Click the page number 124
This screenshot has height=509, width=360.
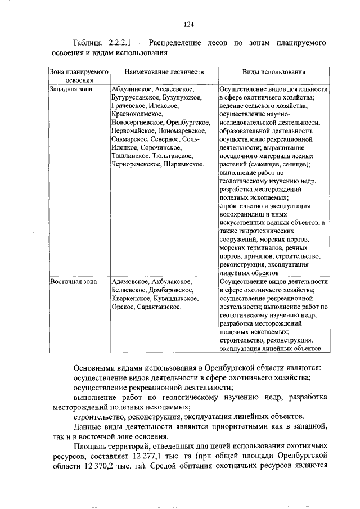(x=188, y=24)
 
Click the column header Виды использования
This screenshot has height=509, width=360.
(x=273, y=73)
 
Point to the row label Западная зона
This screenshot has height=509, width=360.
(x=70, y=89)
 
